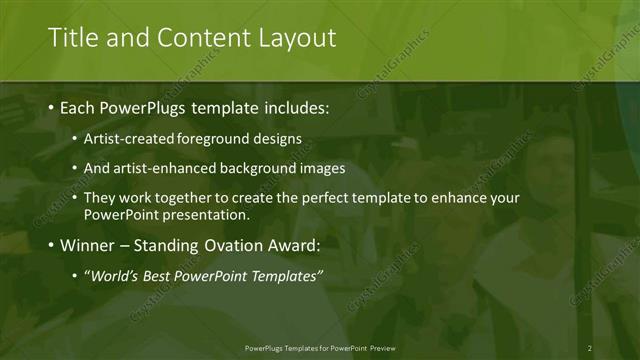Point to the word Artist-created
click(128, 139)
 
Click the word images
click(322, 168)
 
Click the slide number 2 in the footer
click(589, 348)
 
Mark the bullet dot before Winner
click(51, 246)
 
